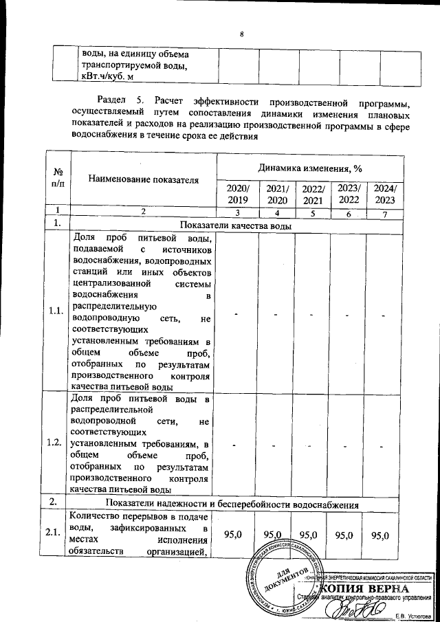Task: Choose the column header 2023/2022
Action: tap(348, 194)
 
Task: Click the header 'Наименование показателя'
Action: tap(144, 180)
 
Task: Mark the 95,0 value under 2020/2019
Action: tap(233, 535)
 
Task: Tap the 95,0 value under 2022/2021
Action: tap(311, 535)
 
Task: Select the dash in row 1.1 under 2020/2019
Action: tap(234, 315)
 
